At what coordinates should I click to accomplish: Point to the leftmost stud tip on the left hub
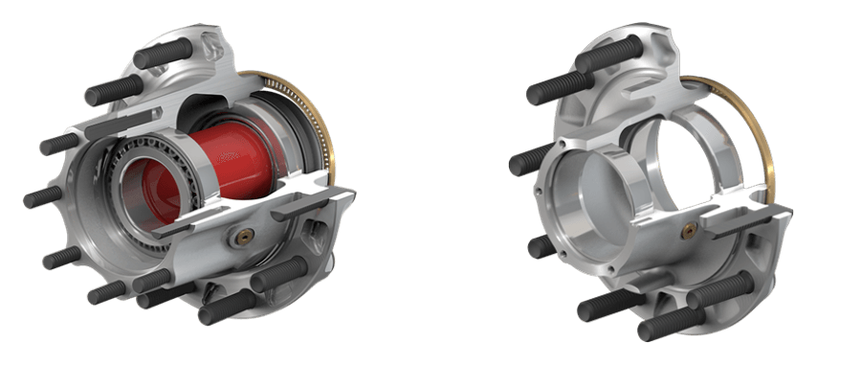(26, 201)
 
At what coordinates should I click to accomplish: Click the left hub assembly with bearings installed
(191, 182)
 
